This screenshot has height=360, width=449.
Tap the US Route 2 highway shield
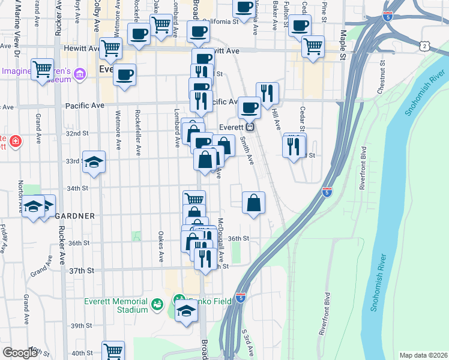click(425, 46)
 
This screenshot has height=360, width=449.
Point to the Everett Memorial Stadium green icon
click(157, 305)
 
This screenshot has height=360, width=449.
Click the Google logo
click(20, 353)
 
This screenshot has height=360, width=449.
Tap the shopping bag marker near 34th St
click(254, 203)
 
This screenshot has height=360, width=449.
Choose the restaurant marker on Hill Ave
click(267, 93)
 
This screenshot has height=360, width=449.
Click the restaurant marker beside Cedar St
click(294, 146)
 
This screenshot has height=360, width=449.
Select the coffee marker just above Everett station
click(249, 107)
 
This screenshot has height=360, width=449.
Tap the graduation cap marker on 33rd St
click(94, 161)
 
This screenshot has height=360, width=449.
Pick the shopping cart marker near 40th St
click(113, 351)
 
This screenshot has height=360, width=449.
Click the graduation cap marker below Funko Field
click(187, 311)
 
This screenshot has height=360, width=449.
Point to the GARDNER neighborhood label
click(75, 215)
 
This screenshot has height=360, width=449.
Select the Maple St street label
click(343, 46)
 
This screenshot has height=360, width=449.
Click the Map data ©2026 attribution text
click(423, 355)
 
